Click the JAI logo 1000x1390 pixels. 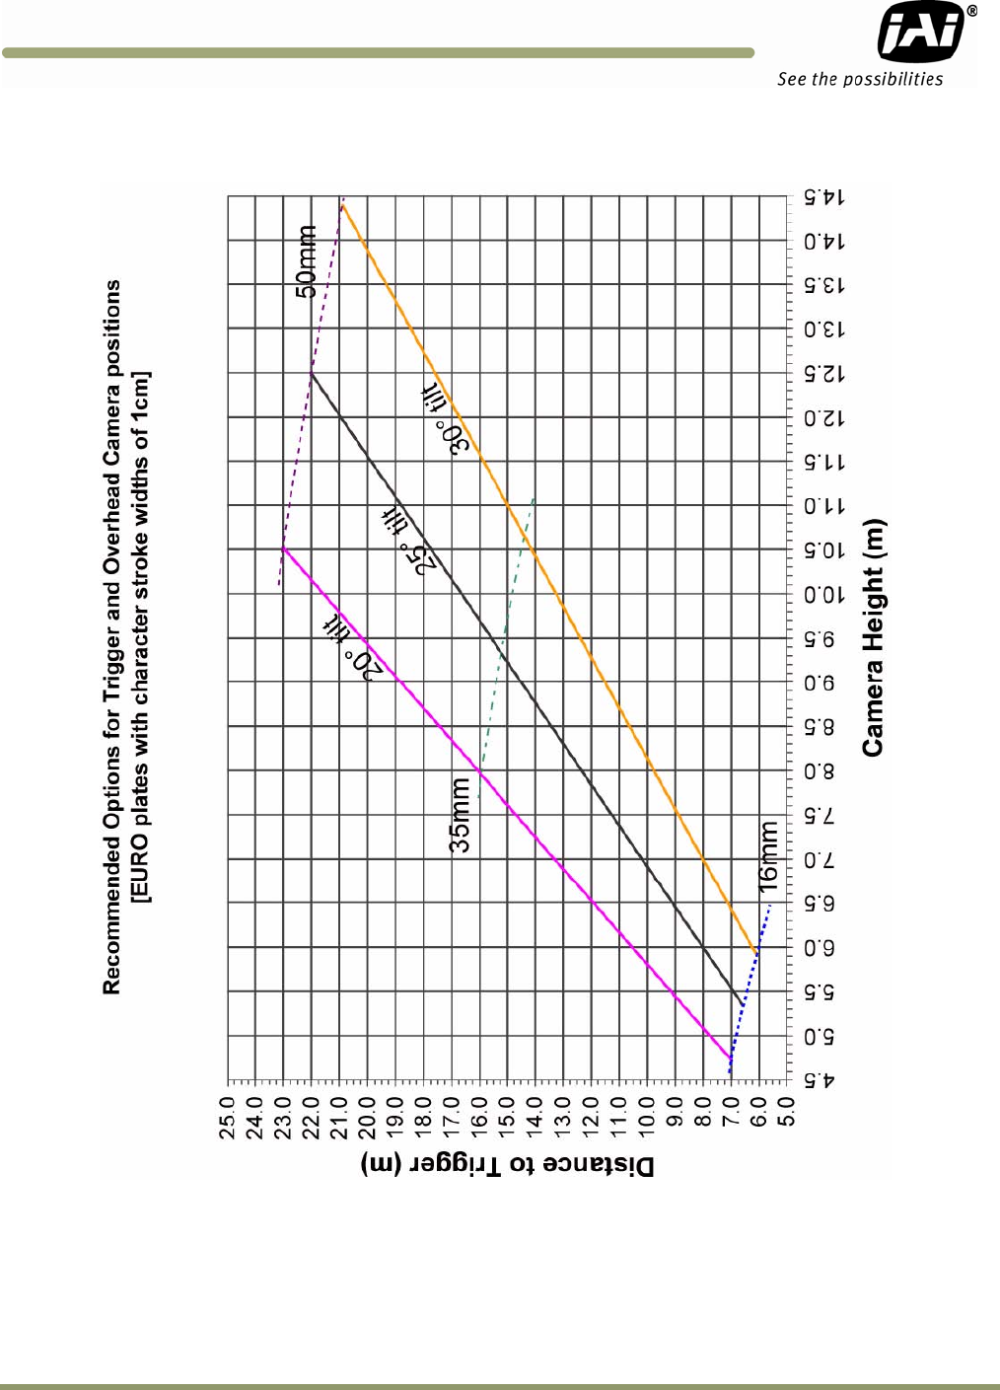(922, 32)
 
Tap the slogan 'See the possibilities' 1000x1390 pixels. (859, 79)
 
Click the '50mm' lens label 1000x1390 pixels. (308, 261)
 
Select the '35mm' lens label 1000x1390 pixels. (460, 815)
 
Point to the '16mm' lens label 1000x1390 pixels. (768, 856)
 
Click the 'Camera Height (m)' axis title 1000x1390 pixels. (873, 637)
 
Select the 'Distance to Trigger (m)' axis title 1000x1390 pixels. (507, 1165)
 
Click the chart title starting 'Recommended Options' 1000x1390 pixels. (112, 637)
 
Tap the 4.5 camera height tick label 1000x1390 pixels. (819, 1080)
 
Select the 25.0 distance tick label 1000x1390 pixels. (228, 1118)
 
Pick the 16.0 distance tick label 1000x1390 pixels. (479, 1118)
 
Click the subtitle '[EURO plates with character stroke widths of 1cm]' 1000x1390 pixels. (141, 637)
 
